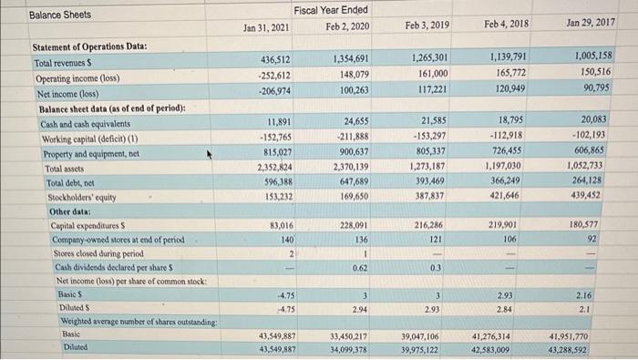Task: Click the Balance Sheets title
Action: [60, 15]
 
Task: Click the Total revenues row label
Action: [64, 57]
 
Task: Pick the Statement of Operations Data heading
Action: [90, 45]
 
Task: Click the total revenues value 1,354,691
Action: [349, 57]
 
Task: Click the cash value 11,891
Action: [278, 120]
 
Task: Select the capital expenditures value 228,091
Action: [349, 225]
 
